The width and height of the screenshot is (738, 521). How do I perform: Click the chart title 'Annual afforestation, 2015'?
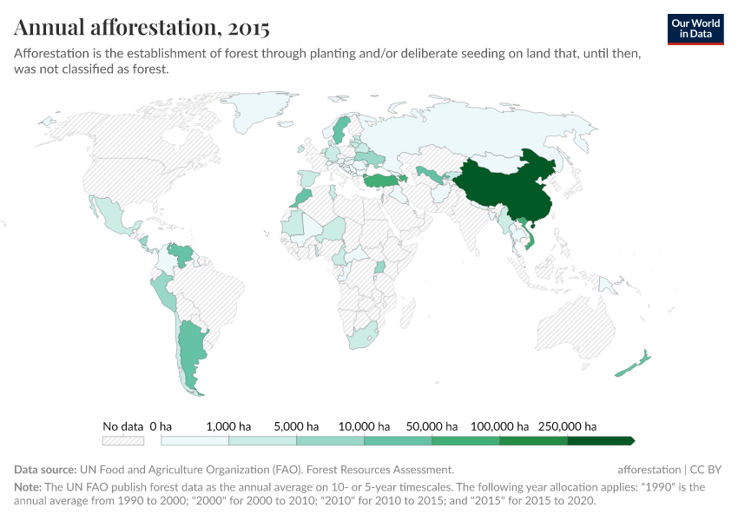[x=142, y=28]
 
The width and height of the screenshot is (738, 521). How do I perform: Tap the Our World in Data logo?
[x=695, y=29]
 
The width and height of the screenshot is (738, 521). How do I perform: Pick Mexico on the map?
[x=113, y=217]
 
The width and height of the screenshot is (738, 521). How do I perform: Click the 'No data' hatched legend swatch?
[x=122, y=440]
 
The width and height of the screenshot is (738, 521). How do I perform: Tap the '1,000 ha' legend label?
[x=229, y=426]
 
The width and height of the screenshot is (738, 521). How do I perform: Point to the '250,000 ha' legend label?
[x=568, y=426]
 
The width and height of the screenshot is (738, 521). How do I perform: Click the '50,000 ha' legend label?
[x=432, y=426]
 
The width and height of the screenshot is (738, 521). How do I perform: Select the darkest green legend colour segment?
[x=601, y=440]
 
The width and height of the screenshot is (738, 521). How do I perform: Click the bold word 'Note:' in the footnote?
[x=30, y=487]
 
